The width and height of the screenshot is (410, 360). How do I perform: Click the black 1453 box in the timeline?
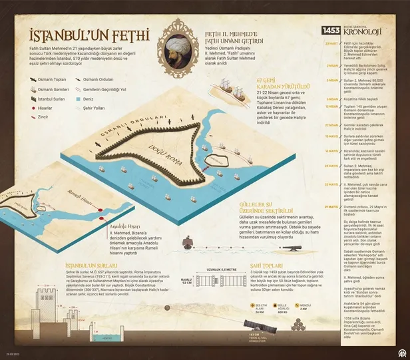click(331, 30)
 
